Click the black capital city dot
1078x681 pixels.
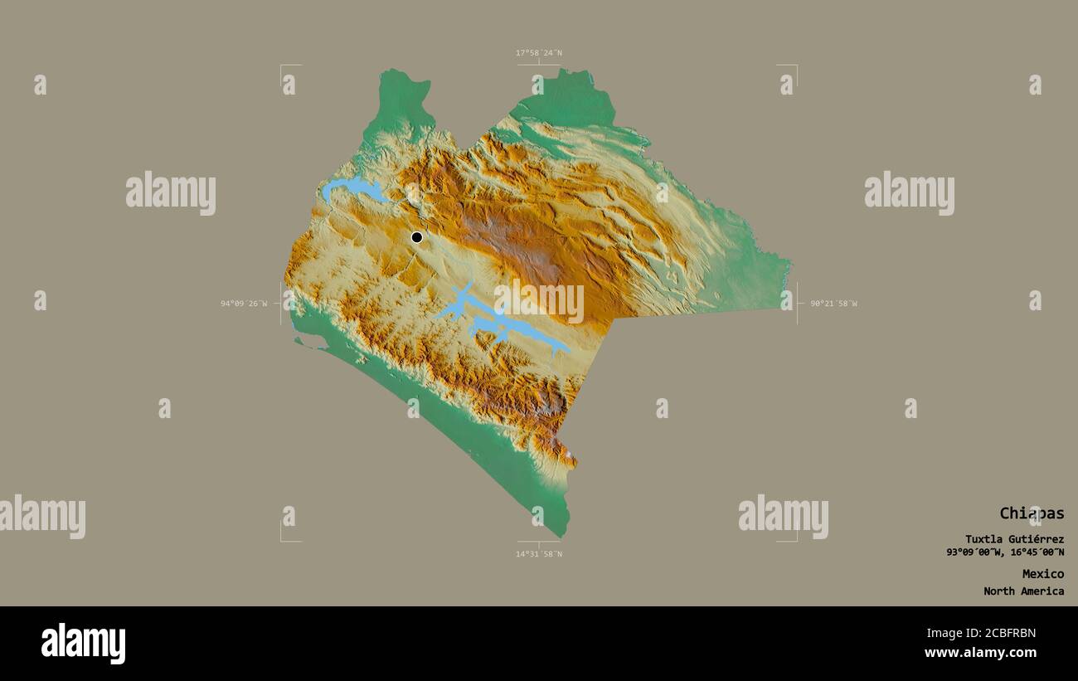pyautogui.click(x=416, y=237)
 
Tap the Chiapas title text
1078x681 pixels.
pyautogui.click(x=1031, y=513)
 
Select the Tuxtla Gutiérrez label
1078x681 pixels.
pyautogui.click(x=1013, y=539)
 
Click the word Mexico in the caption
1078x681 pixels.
pyautogui.click(x=1042, y=574)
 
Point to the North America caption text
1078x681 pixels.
pyautogui.click(x=1023, y=591)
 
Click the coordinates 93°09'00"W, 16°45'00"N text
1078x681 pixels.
pyautogui.click(x=1005, y=552)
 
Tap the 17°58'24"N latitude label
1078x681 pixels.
pyautogui.click(x=538, y=53)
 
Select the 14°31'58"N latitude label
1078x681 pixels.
pyautogui.click(x=538, y=553)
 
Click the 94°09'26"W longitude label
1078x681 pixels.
pyautogui.click(x=244, y=304)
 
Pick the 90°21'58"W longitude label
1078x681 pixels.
pyautogui.click(x=833, y=304)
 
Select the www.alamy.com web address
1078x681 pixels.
pyautogui.click(x=980, y=653)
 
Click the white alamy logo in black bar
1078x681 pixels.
pyautogui.click(x=83, y=644)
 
